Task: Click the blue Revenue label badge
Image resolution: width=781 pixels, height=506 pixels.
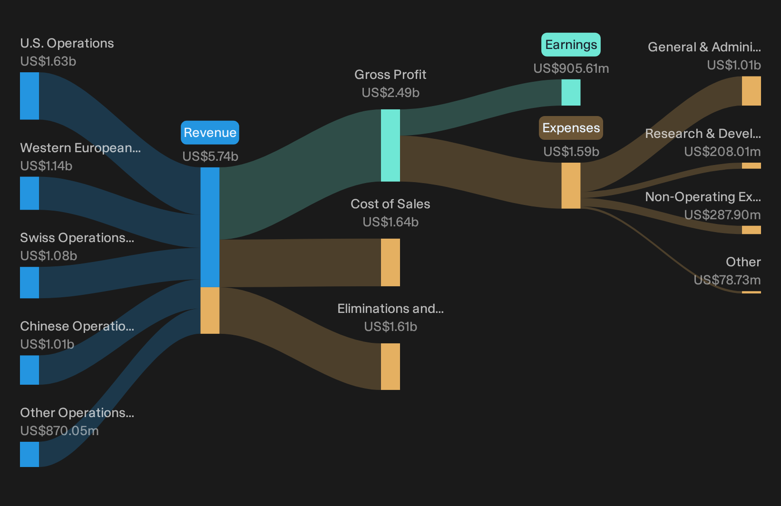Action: point(210,133)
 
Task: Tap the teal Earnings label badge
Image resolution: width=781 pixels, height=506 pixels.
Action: point(571,45)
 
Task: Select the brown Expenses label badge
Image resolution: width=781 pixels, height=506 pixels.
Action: point(571,128)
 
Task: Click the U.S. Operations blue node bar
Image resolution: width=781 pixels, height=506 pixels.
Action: point(29,96)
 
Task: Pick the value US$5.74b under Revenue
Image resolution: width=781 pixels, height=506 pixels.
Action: point(210,156)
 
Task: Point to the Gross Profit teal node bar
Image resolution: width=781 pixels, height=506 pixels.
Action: point(390,146)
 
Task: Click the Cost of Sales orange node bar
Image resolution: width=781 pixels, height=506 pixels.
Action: point(390,262)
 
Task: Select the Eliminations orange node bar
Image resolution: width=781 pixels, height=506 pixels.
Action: point(390,367)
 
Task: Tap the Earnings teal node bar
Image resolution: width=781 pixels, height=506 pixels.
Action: point(571,92)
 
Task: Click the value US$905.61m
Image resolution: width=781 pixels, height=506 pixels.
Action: point(571,68)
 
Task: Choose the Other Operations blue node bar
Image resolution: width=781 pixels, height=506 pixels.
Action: point(29,454)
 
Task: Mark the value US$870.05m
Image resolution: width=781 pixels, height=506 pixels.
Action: point(59,431)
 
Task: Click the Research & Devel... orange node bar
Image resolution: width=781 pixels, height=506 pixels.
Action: point(752,165)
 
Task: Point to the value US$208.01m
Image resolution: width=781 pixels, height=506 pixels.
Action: point(722,152)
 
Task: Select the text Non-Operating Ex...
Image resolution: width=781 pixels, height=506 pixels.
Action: point(703,197)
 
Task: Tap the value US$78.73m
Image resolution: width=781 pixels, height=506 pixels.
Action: point(727,280)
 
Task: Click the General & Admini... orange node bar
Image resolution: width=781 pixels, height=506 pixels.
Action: point(752,91)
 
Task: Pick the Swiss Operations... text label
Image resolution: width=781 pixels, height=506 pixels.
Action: point(77,238)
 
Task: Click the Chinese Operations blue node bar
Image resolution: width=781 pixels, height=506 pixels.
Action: point(29,370)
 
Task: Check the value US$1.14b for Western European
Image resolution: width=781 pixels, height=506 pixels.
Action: point(46,166)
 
